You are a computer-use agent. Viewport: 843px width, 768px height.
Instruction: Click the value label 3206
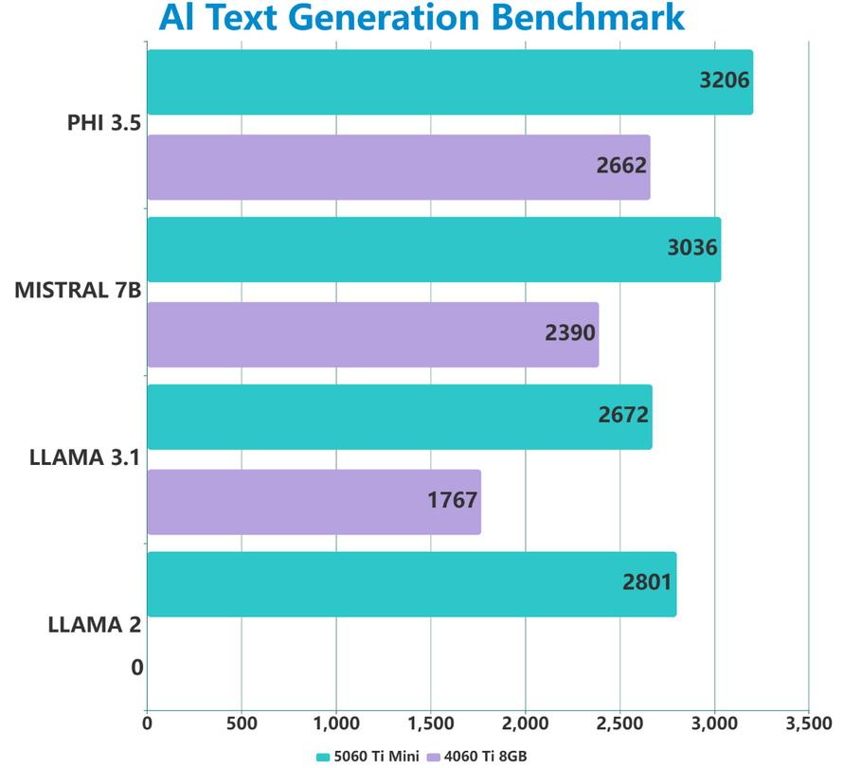pos(725,80)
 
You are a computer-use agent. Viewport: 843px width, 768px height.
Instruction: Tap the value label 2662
pos(621,166)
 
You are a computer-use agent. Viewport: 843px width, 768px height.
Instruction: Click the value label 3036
pos(692,249)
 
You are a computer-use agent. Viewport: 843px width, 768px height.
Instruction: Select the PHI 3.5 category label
pos(104,123)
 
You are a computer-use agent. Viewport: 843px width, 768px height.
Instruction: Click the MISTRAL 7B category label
pos(78,290)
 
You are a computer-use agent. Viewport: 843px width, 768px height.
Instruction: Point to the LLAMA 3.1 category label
pos(84,458)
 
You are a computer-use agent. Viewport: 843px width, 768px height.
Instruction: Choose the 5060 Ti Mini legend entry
pos(368,756)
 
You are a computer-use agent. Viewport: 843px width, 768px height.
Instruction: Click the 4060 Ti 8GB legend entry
pos(478,756)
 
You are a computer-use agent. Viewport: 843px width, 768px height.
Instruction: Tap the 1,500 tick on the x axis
pos(430,724)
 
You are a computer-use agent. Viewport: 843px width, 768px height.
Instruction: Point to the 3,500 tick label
pos(808,724)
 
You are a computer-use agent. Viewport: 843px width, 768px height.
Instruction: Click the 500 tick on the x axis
pos(241,724)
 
